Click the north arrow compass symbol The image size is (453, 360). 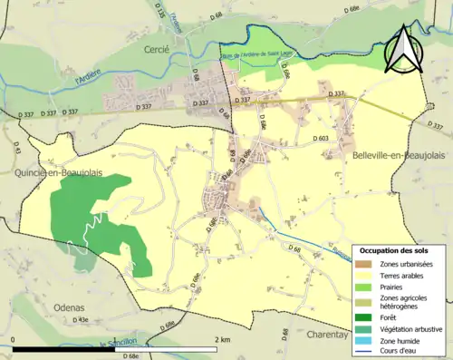click(404, 49)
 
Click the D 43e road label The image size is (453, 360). click(80, 320)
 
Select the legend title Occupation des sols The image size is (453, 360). click(396, 250)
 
